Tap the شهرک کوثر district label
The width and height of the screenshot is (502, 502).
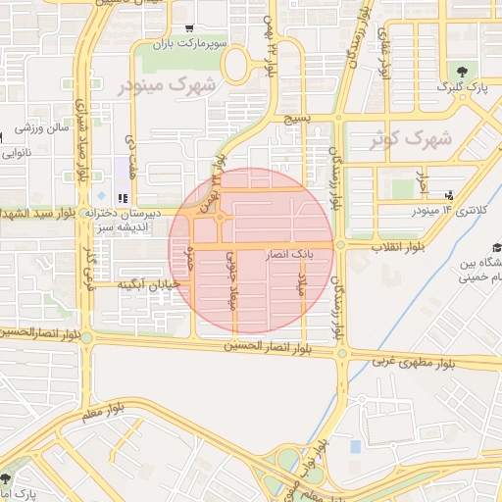pyautogui.click(x=411, y=139)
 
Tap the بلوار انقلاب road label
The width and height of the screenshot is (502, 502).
pyautogui.click(x=397, y=245)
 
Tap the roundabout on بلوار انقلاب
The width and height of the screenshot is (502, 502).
pyautogui.click(x=340, y=244)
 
